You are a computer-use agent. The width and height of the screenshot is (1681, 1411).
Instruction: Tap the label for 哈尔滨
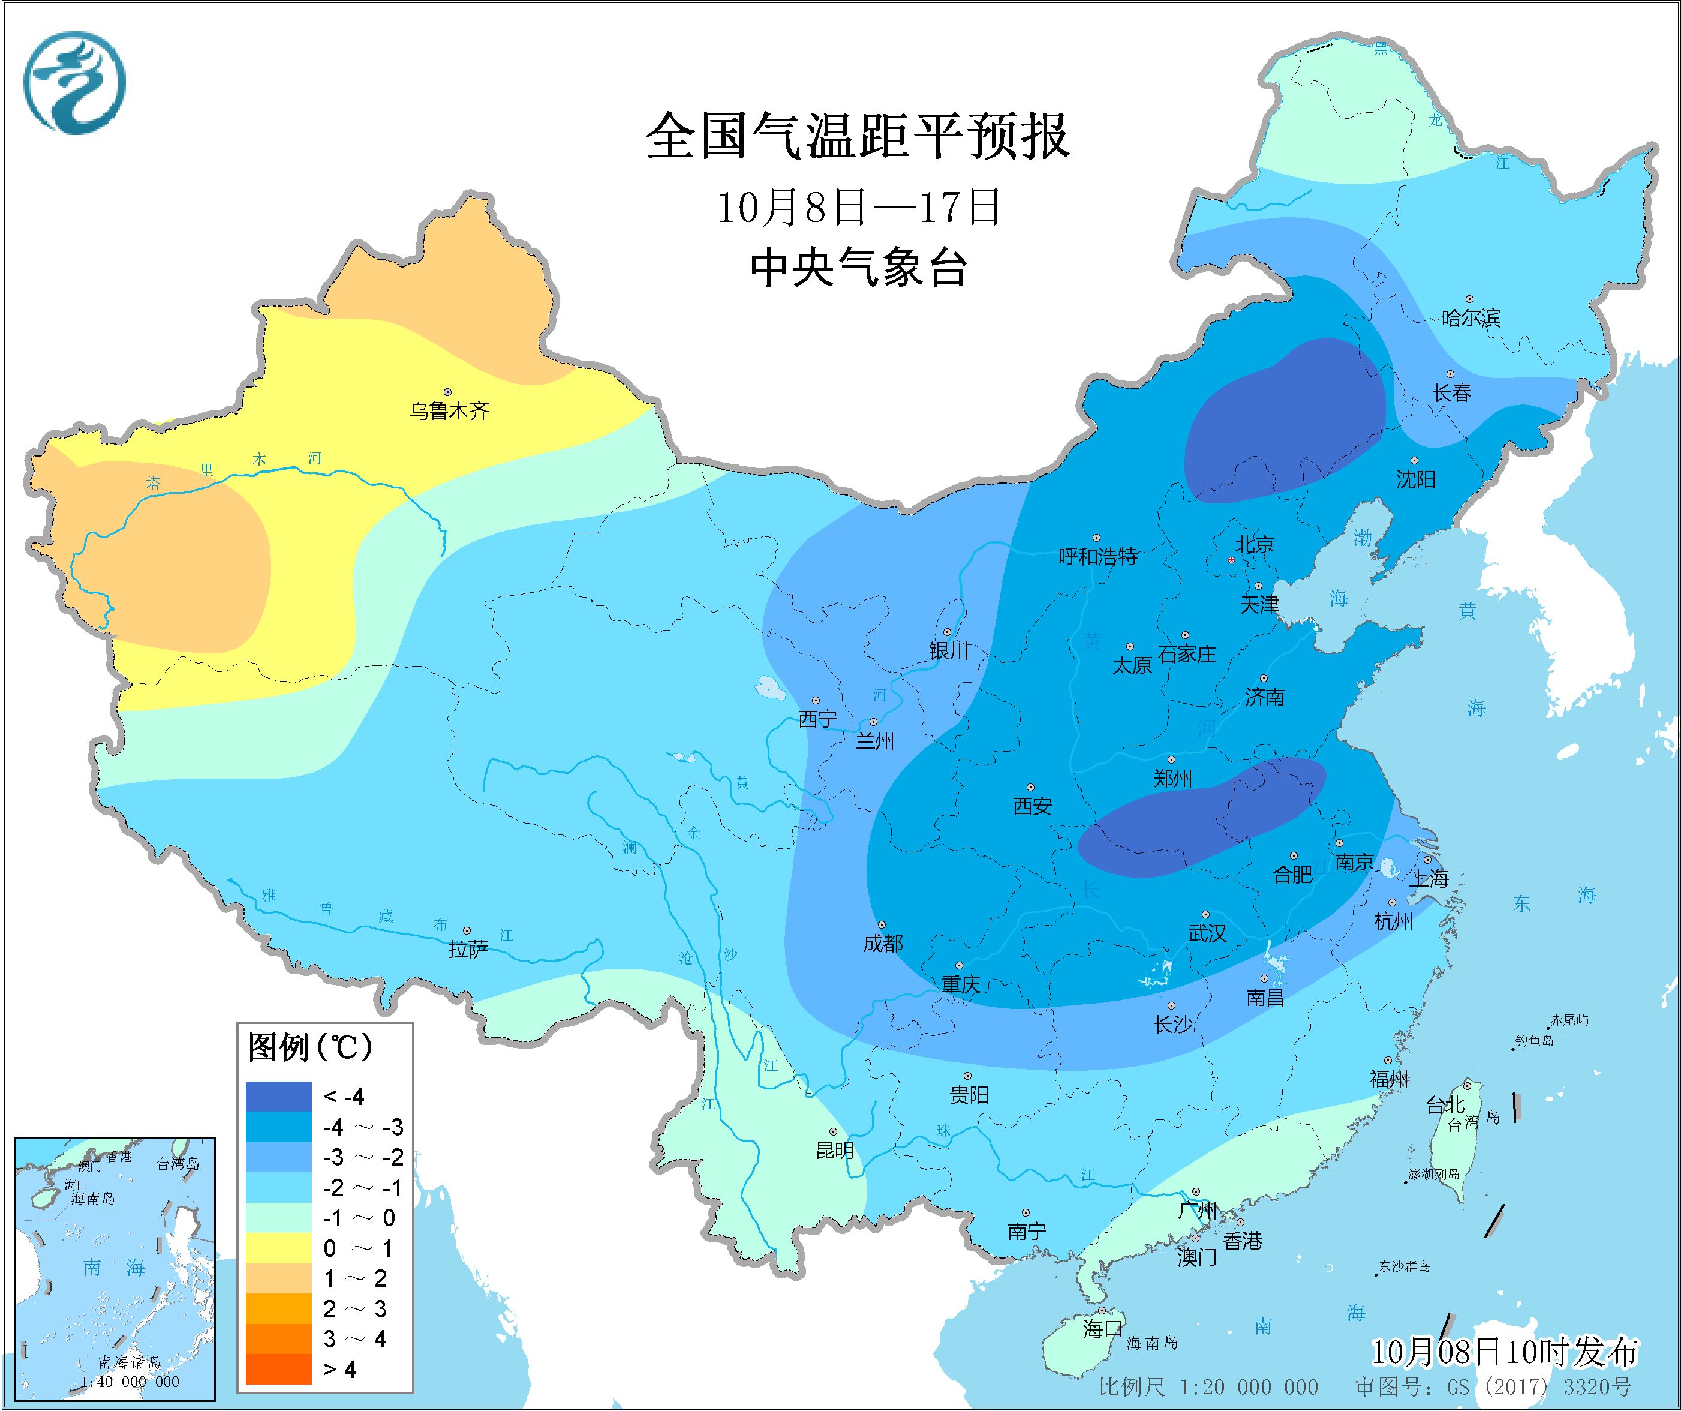tap(1471, 319)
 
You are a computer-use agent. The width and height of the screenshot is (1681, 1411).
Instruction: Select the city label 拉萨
tap(468, 950)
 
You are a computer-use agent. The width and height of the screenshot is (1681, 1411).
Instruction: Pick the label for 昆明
tap(834, 1151)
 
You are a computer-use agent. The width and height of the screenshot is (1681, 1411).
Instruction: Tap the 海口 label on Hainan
tap(1102, 1329)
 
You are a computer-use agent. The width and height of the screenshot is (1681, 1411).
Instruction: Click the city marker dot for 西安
tap(1030, 788)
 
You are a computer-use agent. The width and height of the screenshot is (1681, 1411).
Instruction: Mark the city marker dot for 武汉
tap(1205, 914)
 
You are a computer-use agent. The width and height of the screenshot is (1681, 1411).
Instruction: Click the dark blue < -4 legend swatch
tap(278, 1096)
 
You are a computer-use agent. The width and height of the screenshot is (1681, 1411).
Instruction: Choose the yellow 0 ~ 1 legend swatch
tap(278, 1248)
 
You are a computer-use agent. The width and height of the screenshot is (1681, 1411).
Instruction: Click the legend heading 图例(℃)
tap(310, 1047)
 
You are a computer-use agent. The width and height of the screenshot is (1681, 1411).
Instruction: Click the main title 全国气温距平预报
tap(858, 137)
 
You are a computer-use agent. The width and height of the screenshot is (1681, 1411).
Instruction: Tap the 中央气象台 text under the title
tap(858, 268)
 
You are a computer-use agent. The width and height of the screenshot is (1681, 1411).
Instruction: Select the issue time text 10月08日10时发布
tap(1504, 1353)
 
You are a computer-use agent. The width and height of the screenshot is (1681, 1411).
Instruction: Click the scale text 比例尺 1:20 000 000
tap(1208, 1387)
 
